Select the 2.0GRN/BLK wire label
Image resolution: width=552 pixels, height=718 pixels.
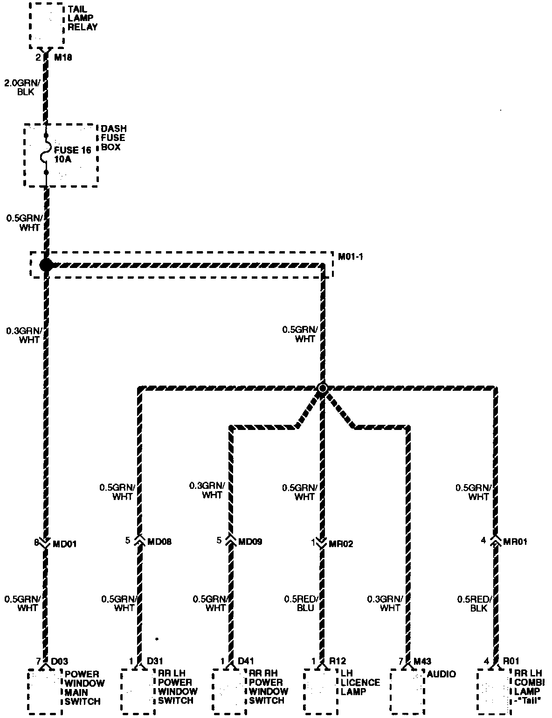click(x=20, y=87)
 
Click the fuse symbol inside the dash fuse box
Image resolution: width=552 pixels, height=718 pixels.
click(x=46, y=155)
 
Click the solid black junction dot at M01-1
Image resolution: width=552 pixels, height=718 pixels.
click(x=46, y=265)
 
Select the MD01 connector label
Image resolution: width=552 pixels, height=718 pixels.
click(x=65, y=544)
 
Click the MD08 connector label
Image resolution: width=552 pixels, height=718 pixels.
click(x=159, y=542)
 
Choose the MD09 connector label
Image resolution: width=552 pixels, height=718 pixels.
click(x=250, y=542)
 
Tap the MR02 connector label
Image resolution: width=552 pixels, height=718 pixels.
click(x=341, y=544)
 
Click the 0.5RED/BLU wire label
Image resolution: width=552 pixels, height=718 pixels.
click(x=301, y=603)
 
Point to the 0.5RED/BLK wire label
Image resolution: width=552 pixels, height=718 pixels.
click(x=474, y=603)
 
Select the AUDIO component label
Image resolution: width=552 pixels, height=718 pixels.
click(x=442, y=674)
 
